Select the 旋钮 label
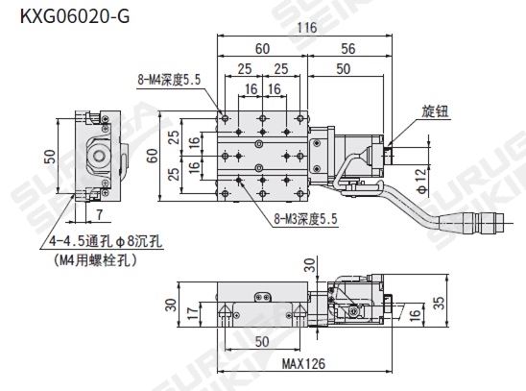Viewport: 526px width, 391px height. (435, 112)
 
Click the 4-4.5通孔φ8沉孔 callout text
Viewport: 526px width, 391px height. (96, 243)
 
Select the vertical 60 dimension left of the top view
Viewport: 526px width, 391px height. (152, 156)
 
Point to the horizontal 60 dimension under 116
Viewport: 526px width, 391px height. (261, 48)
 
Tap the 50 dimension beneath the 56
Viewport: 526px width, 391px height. (343, 69)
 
